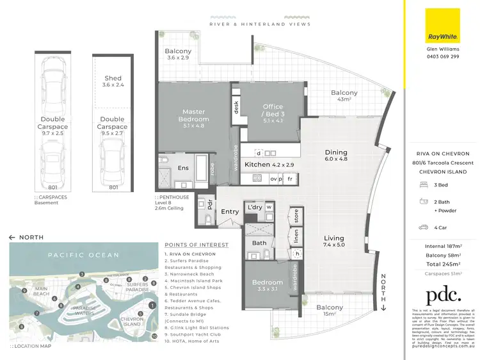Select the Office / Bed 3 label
[272, 111]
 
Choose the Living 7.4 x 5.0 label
[333, 240]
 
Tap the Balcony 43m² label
[344, 96]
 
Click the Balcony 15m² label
[329, 311]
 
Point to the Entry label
[230, 211]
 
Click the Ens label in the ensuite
[182, 168]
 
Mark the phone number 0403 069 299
[442, 56]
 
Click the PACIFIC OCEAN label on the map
[83, 255]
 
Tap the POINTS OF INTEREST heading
[196, 245]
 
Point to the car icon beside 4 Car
[423, 227]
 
